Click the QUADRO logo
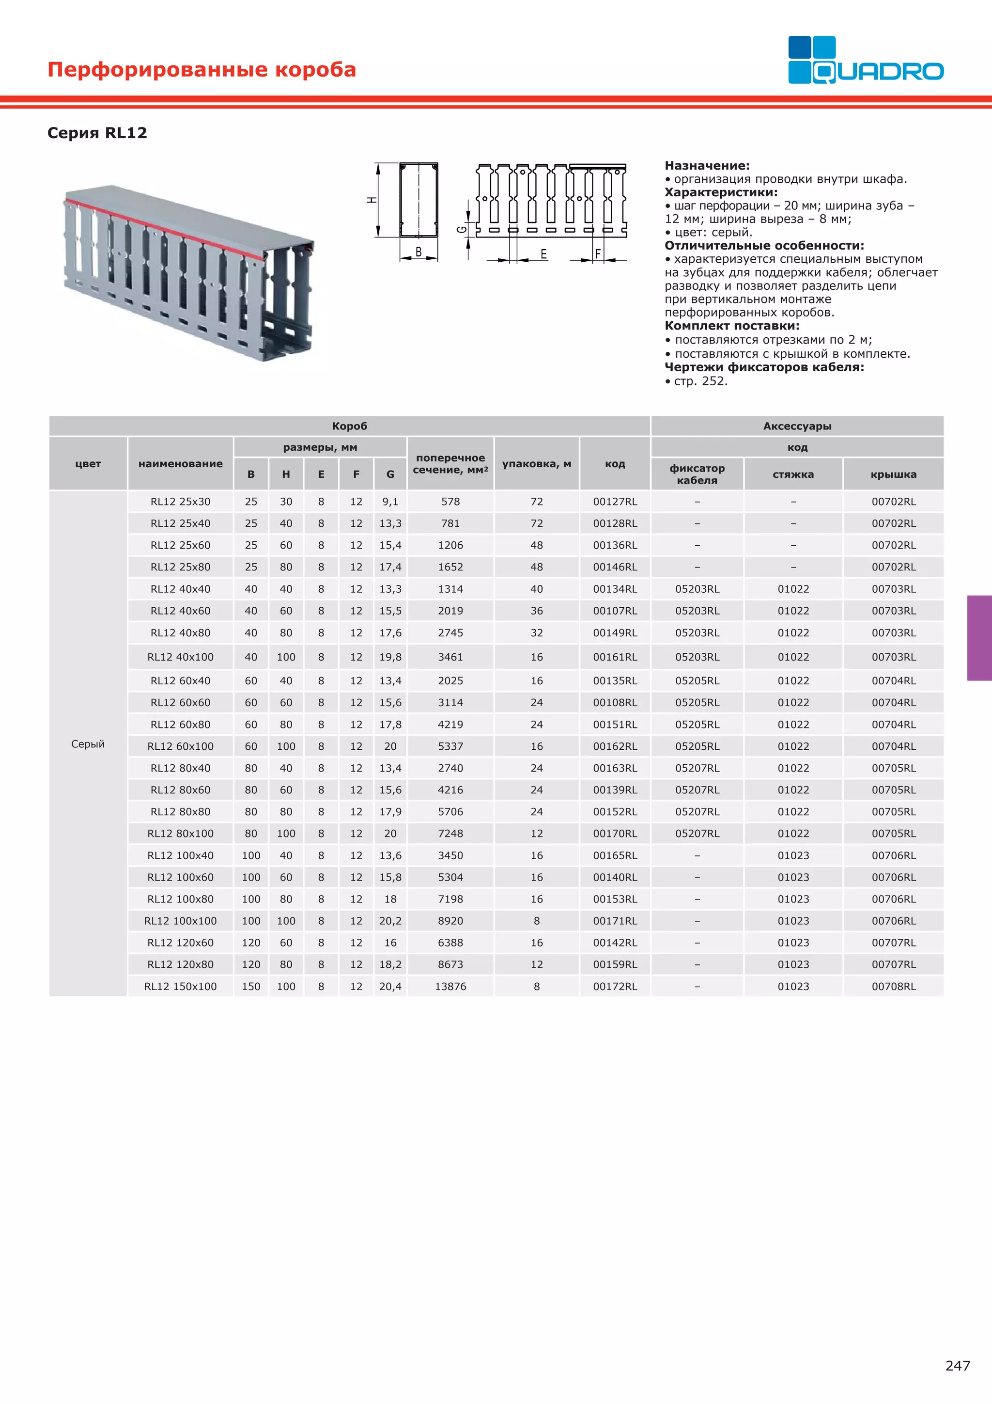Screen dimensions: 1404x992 (x=865, y=60)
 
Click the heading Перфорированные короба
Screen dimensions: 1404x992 (x=201, y=69)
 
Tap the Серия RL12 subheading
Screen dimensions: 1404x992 (x=97, y=133)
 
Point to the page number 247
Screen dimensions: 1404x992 (x=957, y=1366)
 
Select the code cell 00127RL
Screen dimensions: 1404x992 (x=615, y=502)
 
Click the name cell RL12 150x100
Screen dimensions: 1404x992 (x=180, y=986)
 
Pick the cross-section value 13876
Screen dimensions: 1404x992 (x=450, y=986)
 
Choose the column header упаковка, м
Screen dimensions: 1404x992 (x=537, y=463)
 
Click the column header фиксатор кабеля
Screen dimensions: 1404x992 (x=697, y=474)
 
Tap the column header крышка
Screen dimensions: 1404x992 (x=894, y=474)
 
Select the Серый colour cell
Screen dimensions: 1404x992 (x=88, y=743)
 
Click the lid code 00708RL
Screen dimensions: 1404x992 (x=894, y=986)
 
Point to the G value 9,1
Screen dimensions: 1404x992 (x=390, y=502)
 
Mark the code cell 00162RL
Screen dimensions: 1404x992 (x=615, y=746)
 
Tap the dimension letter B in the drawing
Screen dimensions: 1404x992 (x=418, y=252)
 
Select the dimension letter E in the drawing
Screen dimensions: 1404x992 (x=543, y=254)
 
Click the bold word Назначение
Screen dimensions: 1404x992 (x=707, y=165)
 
